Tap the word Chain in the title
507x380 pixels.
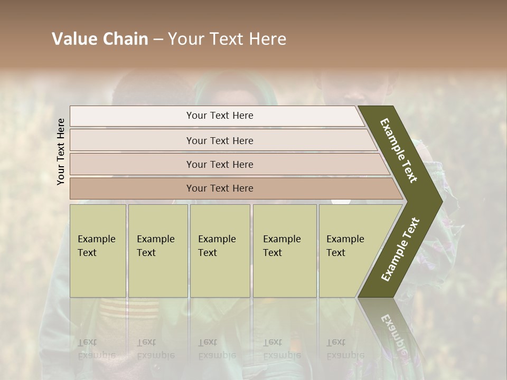[x=125, y=39]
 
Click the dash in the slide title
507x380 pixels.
[x=158, y=40]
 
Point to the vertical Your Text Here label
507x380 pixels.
[x=61, y=151]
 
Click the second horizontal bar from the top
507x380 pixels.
[x=219, y=140]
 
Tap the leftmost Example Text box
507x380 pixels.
[x=98, y=251]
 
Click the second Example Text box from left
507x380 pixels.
[x=157, y=251]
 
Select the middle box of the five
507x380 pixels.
[x=220, y=251]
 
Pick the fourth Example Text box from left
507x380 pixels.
[x=284, y=251]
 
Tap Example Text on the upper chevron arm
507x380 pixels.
[x=399, y=150]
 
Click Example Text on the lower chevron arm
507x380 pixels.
[x=400, y=249]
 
